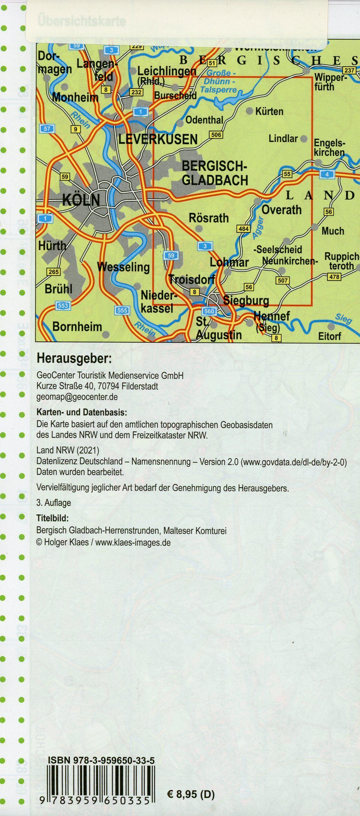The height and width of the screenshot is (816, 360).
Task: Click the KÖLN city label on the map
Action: [x=81, y=200]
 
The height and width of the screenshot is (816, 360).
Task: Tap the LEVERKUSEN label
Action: [x=158, y=139]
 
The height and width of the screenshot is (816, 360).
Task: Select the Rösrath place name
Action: [x=208, y=218]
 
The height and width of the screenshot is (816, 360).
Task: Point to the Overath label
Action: [x=281, y=210]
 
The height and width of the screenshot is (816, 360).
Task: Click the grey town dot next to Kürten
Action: [x=249, y=111]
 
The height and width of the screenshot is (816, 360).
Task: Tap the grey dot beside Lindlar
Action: [x=303, y=139]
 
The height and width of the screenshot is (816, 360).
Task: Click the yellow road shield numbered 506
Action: [x=216, y=135]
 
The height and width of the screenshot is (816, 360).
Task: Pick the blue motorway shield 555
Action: [x=122, y=311]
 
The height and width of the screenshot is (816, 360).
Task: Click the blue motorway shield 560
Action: [x=209, y=311]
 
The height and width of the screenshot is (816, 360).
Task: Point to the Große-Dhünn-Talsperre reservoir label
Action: [x=220, y=81]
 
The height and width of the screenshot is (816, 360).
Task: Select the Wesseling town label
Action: [x=124, y=267]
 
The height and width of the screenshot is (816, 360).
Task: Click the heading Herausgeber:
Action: [x=74, y=359]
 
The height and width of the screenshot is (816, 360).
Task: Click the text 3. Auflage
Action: [x=53, y=502]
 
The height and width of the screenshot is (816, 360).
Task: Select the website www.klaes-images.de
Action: [x=133, y=542]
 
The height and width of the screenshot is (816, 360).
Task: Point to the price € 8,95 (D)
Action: [x=190, y=801]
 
